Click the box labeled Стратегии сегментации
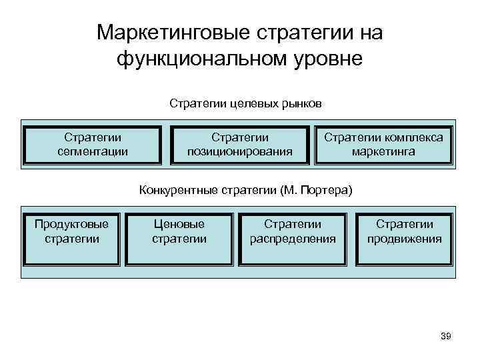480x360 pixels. [x=93, y=144]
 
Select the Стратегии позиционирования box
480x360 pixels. [x=240, y=144]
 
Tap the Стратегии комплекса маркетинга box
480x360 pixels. [x=383, y=144]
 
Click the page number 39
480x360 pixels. [x=446, y=337]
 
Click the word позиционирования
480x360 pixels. [x=240, y=151]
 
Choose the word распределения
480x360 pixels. [x=293, y=239]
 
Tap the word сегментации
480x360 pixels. [x=93, y=151]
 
